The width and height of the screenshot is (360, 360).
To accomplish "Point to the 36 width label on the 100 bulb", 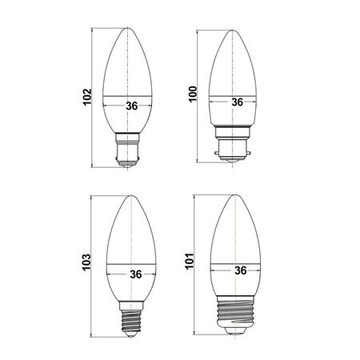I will (x=237, y=102).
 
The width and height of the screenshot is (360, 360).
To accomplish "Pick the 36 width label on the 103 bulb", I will (x=134, y=274).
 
